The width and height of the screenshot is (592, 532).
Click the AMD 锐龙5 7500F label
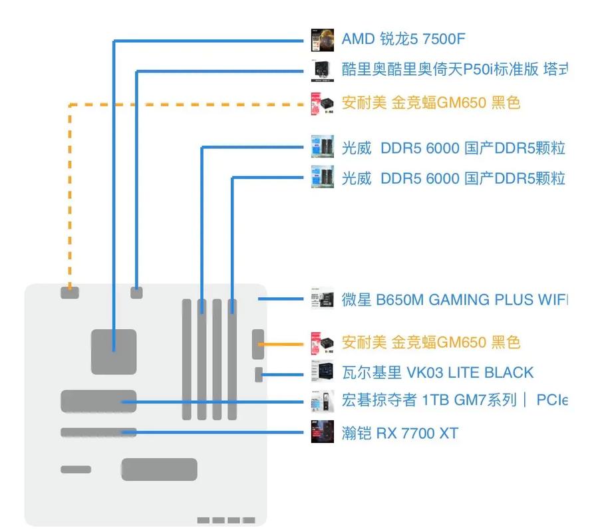pos(403,39)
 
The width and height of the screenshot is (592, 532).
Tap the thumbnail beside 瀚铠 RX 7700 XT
pos(323,433)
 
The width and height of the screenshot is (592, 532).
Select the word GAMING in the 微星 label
pos(459,300)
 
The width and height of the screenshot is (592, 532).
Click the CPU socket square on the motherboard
pos(114,350)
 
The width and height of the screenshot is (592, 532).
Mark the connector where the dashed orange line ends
pos(69,292)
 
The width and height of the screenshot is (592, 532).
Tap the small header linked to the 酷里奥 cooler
pos(136,292)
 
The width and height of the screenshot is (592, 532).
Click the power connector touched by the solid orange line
pos(258,344)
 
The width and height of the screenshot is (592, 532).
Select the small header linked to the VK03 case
pos(259,374)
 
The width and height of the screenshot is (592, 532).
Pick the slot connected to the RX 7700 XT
pos(98,433)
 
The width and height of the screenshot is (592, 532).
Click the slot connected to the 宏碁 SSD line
pos(98,401)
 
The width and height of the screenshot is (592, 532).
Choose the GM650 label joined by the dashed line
pos(430,103)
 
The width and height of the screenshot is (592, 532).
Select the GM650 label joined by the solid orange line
pos(430,342)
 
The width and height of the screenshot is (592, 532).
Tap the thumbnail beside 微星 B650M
pos(323,299)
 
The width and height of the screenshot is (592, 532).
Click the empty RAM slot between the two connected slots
pos(218,359)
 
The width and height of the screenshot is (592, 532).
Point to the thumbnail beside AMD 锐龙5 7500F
pos(323,39)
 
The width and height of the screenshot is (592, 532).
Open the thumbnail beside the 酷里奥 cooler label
pos(323,69)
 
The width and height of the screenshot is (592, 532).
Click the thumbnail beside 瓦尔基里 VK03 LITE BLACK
pos(323,372)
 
